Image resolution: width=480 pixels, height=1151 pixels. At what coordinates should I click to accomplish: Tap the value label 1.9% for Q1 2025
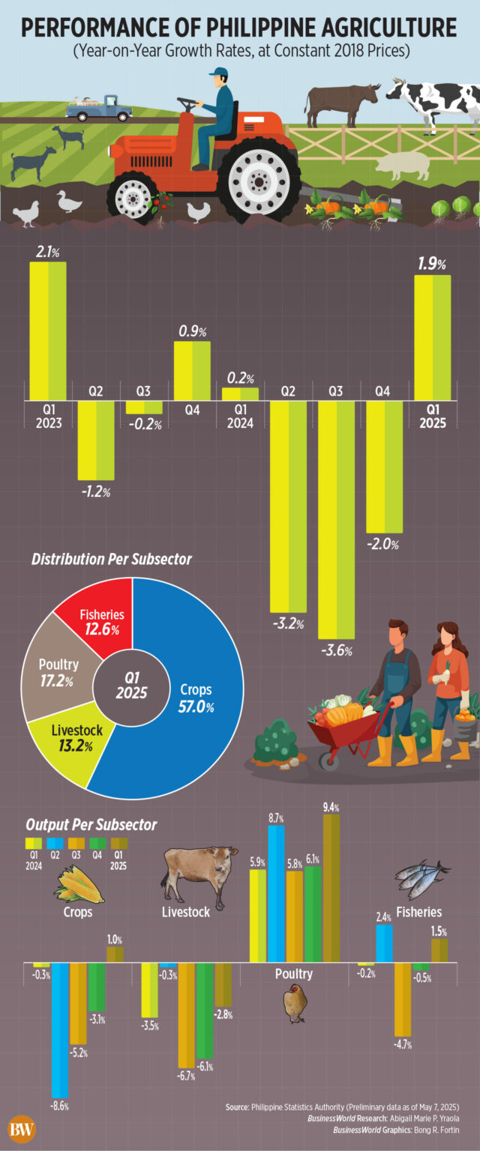click(x=432, y=264)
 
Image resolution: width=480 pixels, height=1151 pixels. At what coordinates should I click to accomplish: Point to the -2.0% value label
click(x=383, y=545)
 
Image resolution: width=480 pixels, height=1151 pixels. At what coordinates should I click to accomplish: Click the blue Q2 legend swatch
click(x=53, y=844)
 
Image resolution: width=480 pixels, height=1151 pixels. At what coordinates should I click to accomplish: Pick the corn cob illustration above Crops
click(x=78, y=884)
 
